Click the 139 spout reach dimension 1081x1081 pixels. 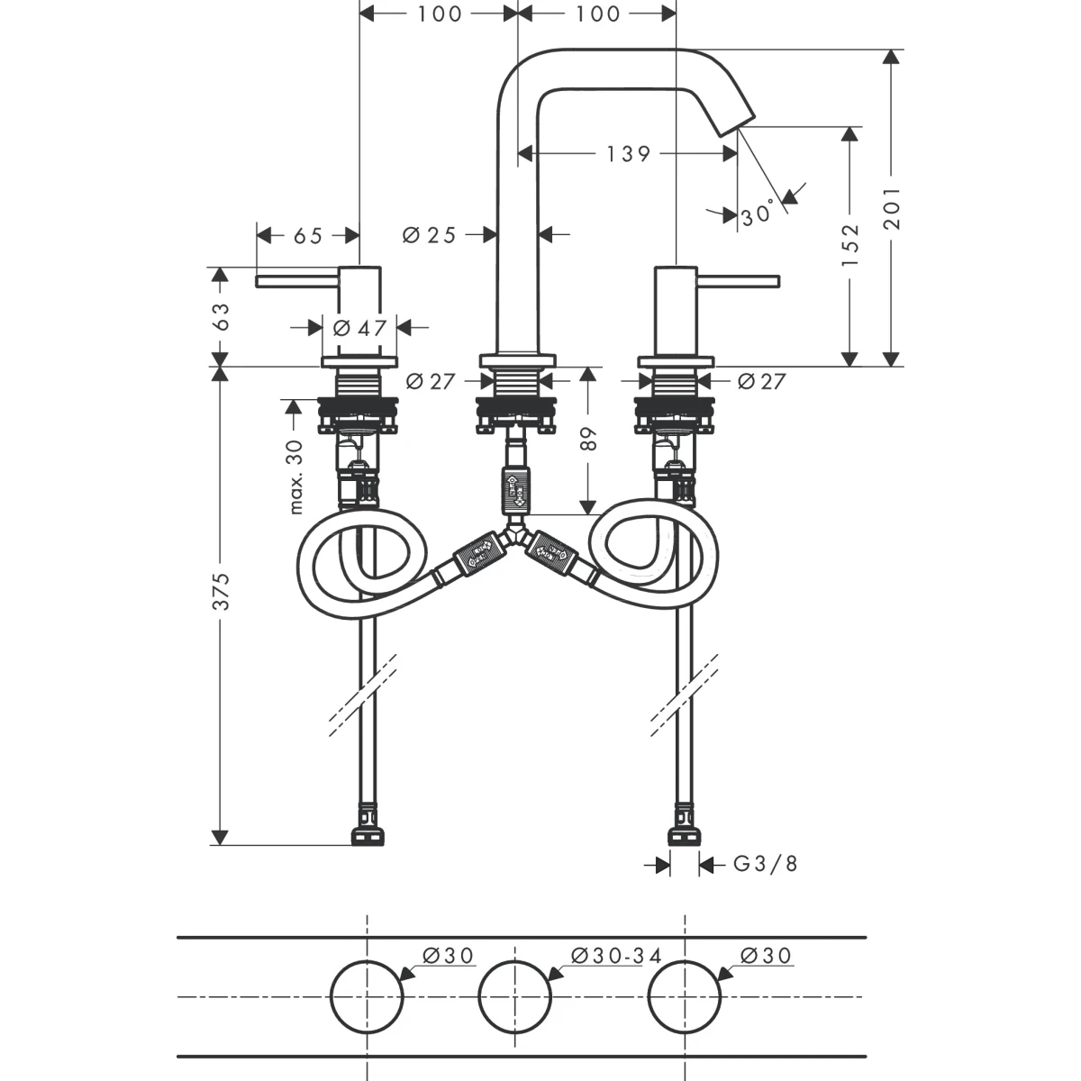[x=628, y=154]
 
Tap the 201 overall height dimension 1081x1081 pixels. [x=892, y=208]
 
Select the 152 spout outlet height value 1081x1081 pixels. [x=851, y=245]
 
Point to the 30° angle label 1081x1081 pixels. [x=758, y=213]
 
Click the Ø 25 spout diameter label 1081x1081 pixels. [x=429, y=235]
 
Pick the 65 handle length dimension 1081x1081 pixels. [x=308, y=236]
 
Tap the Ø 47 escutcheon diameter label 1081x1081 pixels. [x=359, y=328]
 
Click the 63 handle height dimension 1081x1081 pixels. [x=221, y=316]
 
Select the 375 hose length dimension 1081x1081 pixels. [x=221, y=591]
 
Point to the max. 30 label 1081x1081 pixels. [x=295, y=477]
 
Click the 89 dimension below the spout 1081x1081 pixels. [x=588, y=439]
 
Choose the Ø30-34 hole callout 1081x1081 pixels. [x=616, y=955]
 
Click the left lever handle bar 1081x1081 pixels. [x=298, y=281]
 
